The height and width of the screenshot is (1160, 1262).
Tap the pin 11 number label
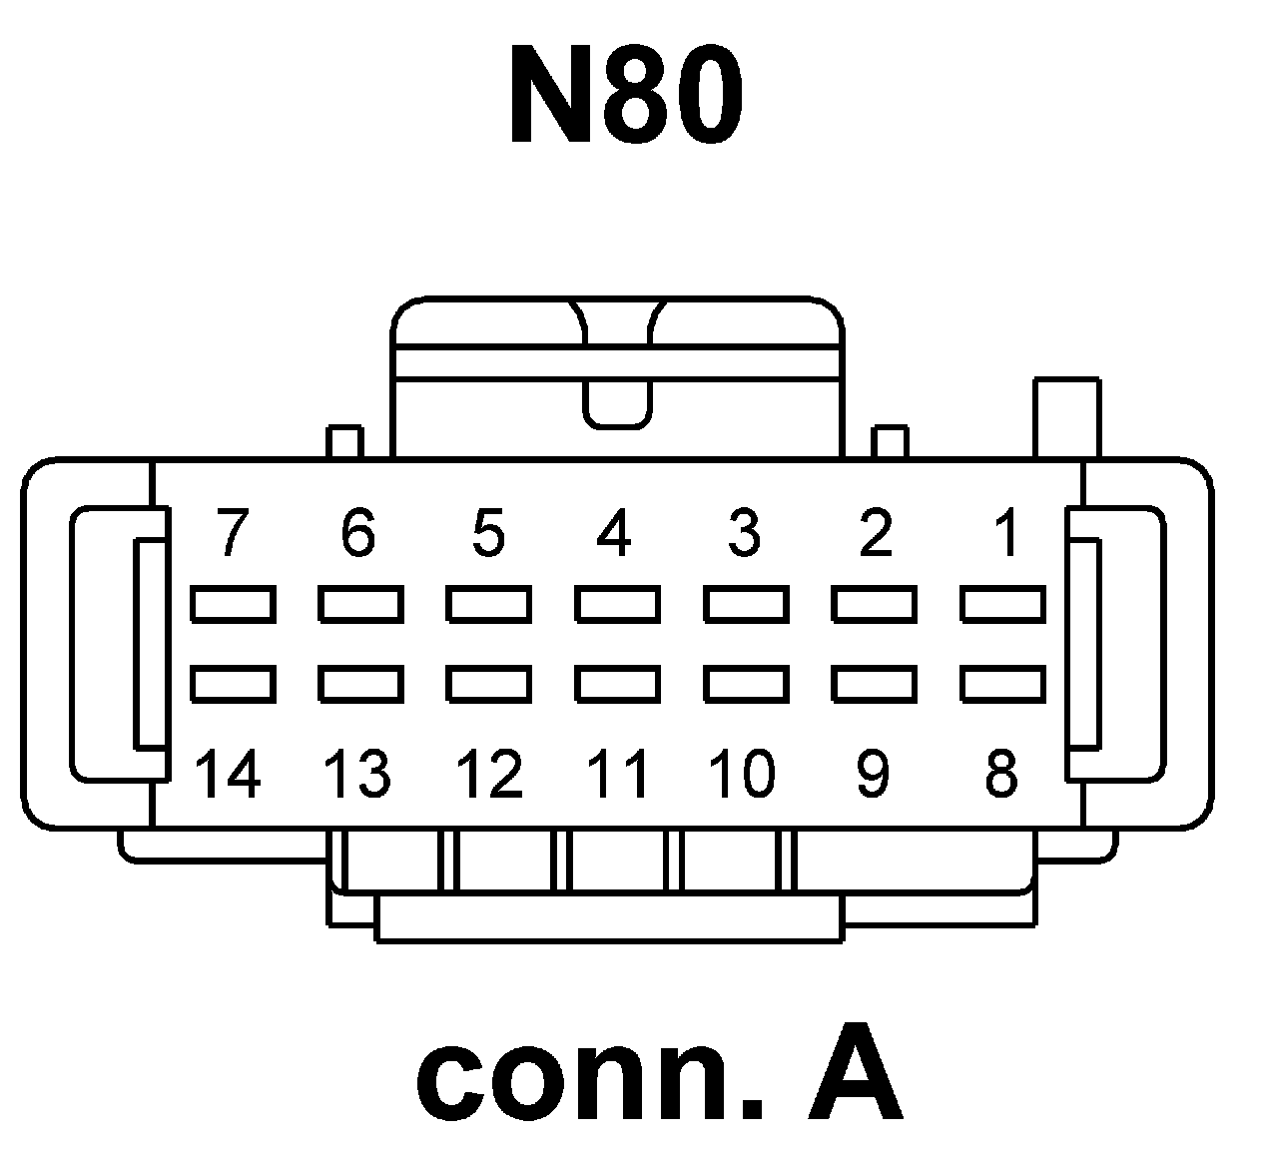617,774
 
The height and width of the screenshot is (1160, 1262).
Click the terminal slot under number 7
232,604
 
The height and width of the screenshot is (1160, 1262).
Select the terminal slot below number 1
1002,604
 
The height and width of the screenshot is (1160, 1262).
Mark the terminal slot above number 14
232,684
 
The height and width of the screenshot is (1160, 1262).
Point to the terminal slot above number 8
1002,684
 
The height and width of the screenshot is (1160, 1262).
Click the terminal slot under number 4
617,604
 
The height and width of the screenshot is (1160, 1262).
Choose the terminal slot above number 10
746,684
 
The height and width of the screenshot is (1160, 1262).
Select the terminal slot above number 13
360,684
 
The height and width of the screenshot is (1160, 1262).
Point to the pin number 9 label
873,774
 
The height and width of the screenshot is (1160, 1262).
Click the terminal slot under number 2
874,604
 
